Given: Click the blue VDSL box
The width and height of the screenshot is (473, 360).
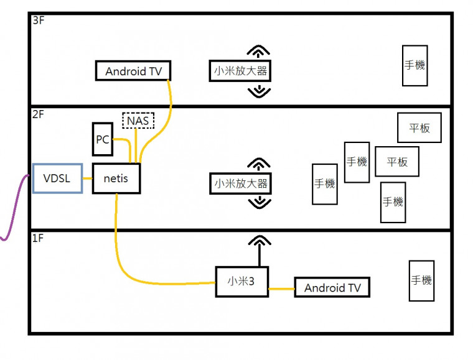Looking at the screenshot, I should [x=57, y=179].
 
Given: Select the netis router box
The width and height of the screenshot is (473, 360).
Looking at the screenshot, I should [x=116, y=179].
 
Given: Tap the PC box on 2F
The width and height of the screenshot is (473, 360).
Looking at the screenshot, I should [x=102, y=140].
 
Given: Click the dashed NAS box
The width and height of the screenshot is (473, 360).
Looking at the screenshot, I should [x=138, y=120].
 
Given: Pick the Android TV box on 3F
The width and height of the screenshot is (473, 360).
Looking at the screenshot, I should [x=133, y=72].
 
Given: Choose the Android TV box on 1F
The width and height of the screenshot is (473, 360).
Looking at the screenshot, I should [x=332, y=288].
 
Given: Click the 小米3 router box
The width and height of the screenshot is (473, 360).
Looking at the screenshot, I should [x=242, y=281].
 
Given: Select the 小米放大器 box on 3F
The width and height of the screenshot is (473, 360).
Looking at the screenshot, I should [x=240, y=72].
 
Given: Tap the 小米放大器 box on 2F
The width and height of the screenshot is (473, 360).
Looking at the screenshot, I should [x=240, y=184].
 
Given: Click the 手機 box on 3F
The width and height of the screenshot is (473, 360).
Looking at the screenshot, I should [x=414, y=65].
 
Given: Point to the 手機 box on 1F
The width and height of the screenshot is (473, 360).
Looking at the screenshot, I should [x=421, y=281].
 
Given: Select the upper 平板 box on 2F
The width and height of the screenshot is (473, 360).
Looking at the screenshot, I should [x=419, y=128].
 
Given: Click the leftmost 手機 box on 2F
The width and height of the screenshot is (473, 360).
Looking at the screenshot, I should [x=324, y=184].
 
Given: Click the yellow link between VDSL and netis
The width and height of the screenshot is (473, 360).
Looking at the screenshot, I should [x=87, y=179].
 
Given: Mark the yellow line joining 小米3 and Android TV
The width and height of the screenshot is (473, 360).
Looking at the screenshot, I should [x=281, y=288].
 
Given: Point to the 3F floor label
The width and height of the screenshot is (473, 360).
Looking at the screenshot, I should [x=39, y=21].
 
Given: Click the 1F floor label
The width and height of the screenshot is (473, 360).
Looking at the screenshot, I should [x=38, y=239].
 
